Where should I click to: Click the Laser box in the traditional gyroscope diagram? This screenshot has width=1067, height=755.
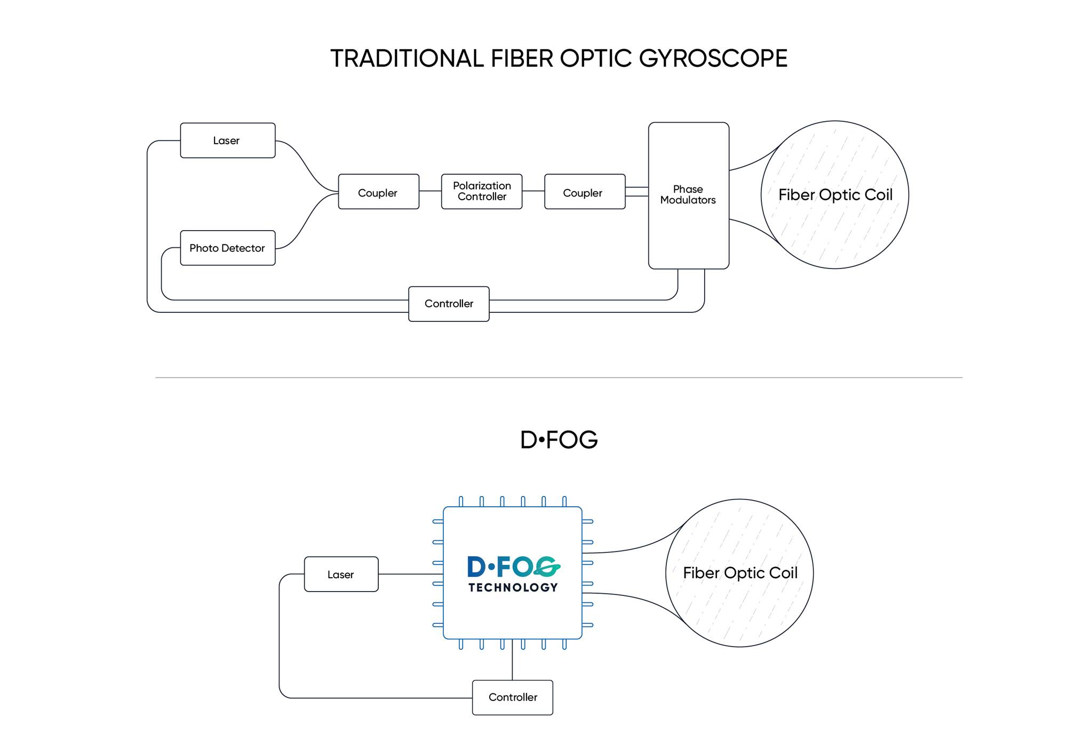click(x=228, y=140)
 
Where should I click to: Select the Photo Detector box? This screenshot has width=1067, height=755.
click(x=228, y=248)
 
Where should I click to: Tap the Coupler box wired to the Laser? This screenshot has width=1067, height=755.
click(x=379, y=192)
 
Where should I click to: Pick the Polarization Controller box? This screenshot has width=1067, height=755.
click(x=482, y=192)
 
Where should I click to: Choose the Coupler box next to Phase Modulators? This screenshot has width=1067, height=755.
click(x=585, y=192)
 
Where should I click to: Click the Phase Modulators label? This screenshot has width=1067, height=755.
click(x=688, y=194)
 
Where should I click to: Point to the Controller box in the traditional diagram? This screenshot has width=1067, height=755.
click(x=449, y=304)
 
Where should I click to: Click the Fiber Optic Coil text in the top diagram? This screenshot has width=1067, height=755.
click(x=835, y=195)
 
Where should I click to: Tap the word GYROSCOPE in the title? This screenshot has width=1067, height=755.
click(x=713, y=58)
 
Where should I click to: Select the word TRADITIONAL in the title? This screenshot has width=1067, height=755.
click(x=407, y=58)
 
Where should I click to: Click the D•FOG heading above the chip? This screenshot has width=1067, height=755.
click(x=559, y=440)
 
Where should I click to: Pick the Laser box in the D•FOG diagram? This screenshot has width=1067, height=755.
click(x=341, y=574)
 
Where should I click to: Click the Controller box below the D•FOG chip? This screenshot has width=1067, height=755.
click(x=513, y=697)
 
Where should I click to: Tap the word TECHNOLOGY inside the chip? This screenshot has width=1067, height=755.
click(x=513, y=587)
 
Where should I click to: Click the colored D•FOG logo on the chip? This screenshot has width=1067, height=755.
click(x=514, y=567)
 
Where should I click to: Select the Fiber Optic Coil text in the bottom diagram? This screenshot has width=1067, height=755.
click(x=740, y=573)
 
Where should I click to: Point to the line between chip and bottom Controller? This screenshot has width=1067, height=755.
click(x=512, y=659)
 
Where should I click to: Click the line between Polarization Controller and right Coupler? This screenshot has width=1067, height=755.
click(x=533, y=191)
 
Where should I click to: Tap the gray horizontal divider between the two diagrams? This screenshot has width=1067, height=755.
click(x=559, y=377)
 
